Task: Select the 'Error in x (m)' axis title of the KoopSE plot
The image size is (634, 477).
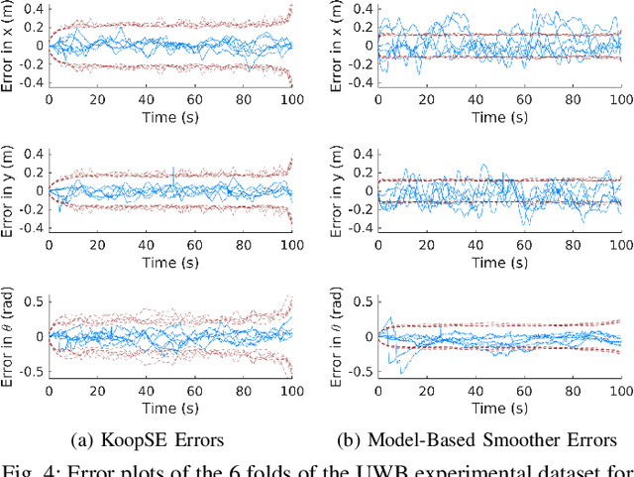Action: click(x=10, y=45)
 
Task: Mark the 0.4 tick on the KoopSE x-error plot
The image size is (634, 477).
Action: click(x=32, y=9)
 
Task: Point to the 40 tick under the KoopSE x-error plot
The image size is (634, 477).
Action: click(x=147, y=100)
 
